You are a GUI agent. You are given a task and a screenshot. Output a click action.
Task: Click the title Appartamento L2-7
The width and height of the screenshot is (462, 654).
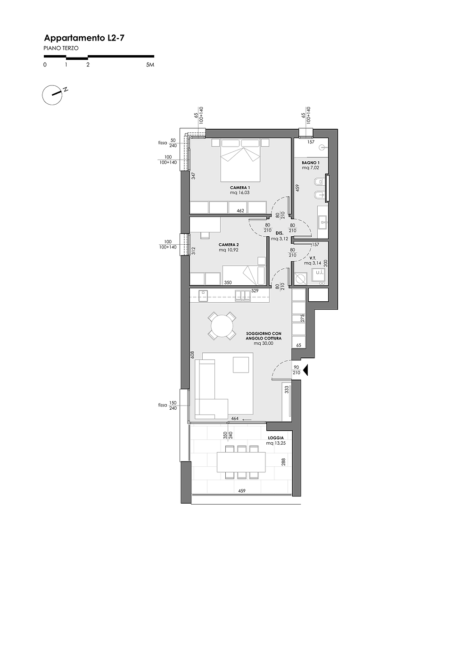coord(84,38)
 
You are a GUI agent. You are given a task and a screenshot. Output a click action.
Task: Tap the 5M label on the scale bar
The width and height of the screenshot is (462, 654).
coord(150,65)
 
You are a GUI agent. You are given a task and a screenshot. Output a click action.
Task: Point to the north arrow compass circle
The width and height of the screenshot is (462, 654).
coord(52,95)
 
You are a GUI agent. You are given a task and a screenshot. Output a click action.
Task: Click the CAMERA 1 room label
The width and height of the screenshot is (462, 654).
coord(240,188)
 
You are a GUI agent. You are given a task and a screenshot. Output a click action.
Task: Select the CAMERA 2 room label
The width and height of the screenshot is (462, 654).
coord(229,245)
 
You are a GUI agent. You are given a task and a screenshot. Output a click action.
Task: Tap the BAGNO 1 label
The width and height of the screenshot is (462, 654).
coord(311,163)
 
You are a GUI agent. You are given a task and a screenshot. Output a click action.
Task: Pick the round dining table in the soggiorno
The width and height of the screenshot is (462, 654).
coord(222,326)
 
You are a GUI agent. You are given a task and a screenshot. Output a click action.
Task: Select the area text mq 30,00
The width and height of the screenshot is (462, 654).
coord(264,343)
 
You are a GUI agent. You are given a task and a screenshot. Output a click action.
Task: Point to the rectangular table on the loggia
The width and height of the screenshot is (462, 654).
coord(241,462)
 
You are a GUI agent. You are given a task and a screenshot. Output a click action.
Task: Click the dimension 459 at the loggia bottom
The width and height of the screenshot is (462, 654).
coord(242,491)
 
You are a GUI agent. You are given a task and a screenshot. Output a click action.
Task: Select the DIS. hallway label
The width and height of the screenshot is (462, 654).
coord(280,233)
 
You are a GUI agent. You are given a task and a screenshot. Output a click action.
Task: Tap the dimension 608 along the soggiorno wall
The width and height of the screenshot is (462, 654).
coord(192,355)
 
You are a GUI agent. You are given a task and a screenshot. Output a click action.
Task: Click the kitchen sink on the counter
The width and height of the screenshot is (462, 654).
coord(243,296)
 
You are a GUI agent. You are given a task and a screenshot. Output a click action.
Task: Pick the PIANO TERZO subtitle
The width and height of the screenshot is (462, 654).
coord(61,48)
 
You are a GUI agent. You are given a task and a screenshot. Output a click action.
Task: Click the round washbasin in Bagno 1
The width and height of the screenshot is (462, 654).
coord(323,148)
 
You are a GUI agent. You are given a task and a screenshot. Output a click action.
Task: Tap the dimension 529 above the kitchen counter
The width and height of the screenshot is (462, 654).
coord(255,291)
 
